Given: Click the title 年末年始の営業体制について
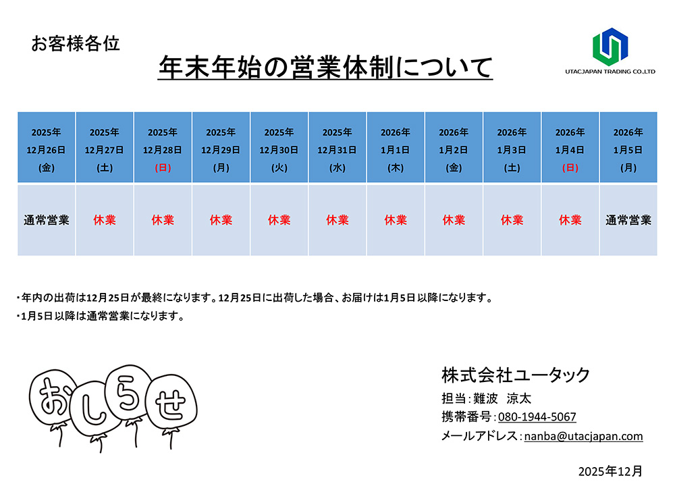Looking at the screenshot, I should click(325, 67).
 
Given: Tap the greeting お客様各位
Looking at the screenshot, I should click(76, 45).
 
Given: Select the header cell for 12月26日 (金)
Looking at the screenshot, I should click(47, 148).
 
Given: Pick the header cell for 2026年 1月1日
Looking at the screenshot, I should click(396, 148).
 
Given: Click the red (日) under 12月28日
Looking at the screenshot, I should click(163, 167).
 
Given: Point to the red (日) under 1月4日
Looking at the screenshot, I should click(570, 167).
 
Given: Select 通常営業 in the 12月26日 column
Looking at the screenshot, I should click(47, 220).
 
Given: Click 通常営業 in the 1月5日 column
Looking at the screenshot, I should click(628, 220).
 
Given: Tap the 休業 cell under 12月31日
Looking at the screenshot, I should click(337, 220).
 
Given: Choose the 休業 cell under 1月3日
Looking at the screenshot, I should click(512, 220).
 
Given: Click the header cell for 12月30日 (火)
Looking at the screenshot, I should click(279, 148).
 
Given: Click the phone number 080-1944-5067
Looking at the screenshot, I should click(537, 417).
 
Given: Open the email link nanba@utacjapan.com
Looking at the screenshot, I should click(583, 436).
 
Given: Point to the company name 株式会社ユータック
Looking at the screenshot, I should click(516, 375).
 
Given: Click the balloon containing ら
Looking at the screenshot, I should click(131, 391).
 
